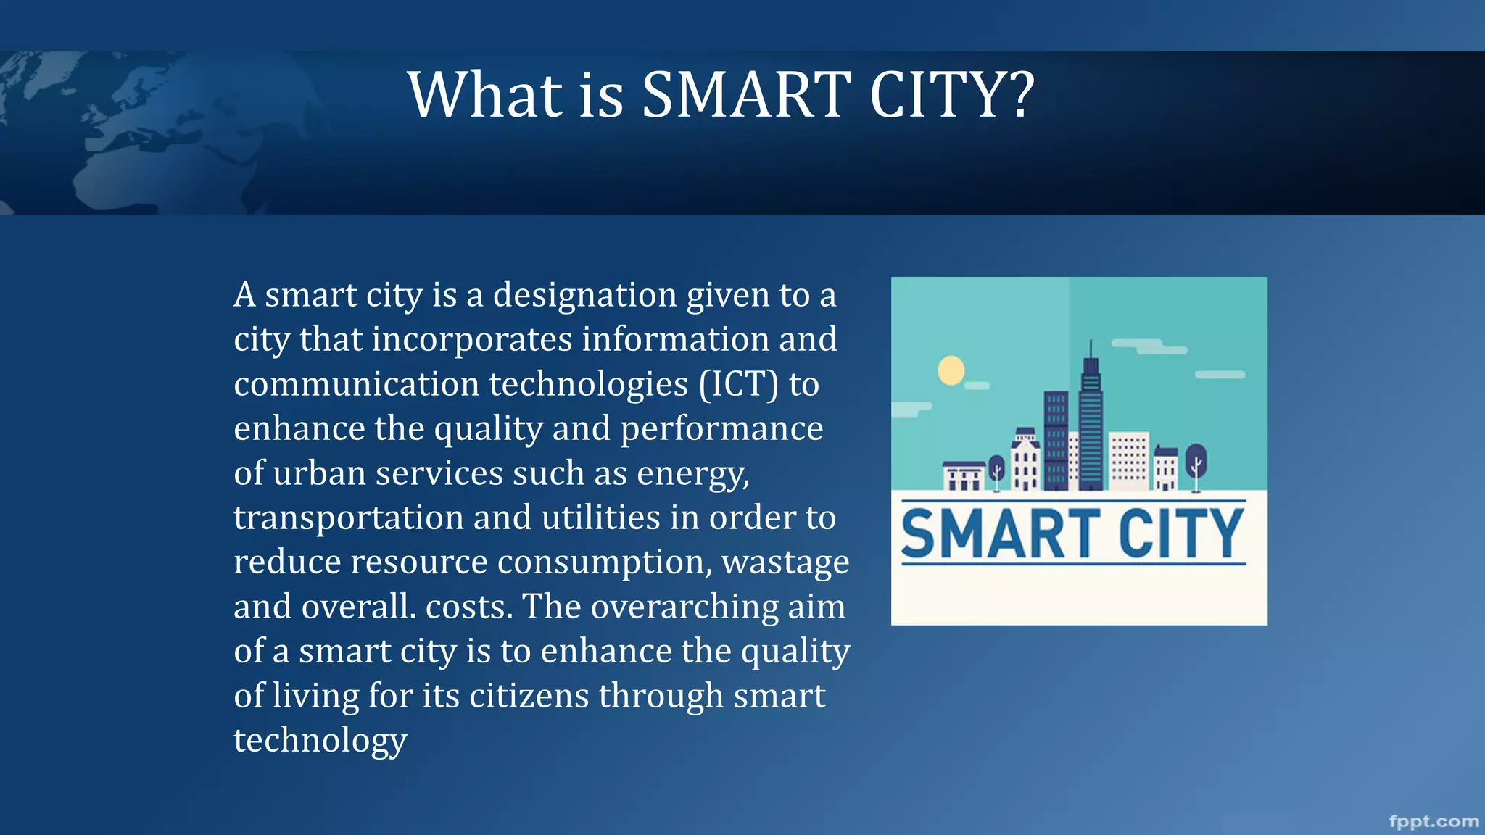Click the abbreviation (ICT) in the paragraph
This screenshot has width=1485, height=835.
pos(739,384)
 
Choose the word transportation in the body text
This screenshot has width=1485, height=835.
pos(348,518)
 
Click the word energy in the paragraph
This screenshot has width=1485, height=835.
pos(692,474)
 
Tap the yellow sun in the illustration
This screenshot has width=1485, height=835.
pos(951,370)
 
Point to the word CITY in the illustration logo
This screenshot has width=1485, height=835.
pos(1180,533)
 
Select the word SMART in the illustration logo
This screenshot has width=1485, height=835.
pos(1001,533)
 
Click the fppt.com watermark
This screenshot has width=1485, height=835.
pos(1434,821)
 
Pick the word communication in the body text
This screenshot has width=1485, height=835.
pos(356,384)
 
